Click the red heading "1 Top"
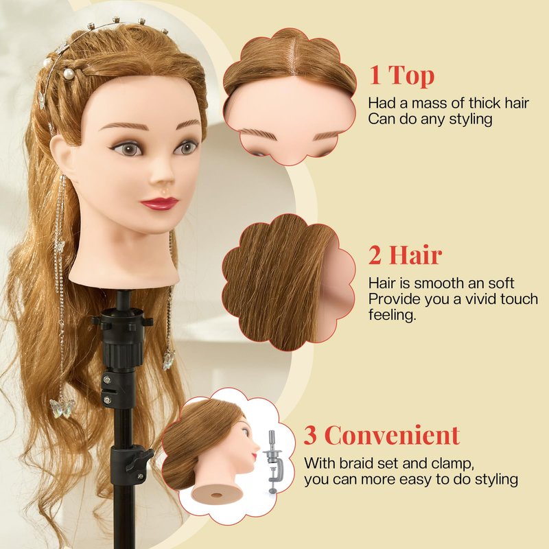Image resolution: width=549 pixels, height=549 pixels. [x=402, y=75]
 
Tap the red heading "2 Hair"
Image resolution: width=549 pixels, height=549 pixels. [x=405, y=255]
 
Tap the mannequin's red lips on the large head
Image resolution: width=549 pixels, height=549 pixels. [x=159, y=203]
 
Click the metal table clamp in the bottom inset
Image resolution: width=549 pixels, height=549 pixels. [x=272, y=461]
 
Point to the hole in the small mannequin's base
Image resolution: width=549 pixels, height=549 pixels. [x=217, y=495]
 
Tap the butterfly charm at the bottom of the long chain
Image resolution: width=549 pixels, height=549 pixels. [x=62, y=408]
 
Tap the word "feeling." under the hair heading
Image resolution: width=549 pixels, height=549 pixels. [x=392, y=315]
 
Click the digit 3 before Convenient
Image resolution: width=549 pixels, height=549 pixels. [x=310, y=435]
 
